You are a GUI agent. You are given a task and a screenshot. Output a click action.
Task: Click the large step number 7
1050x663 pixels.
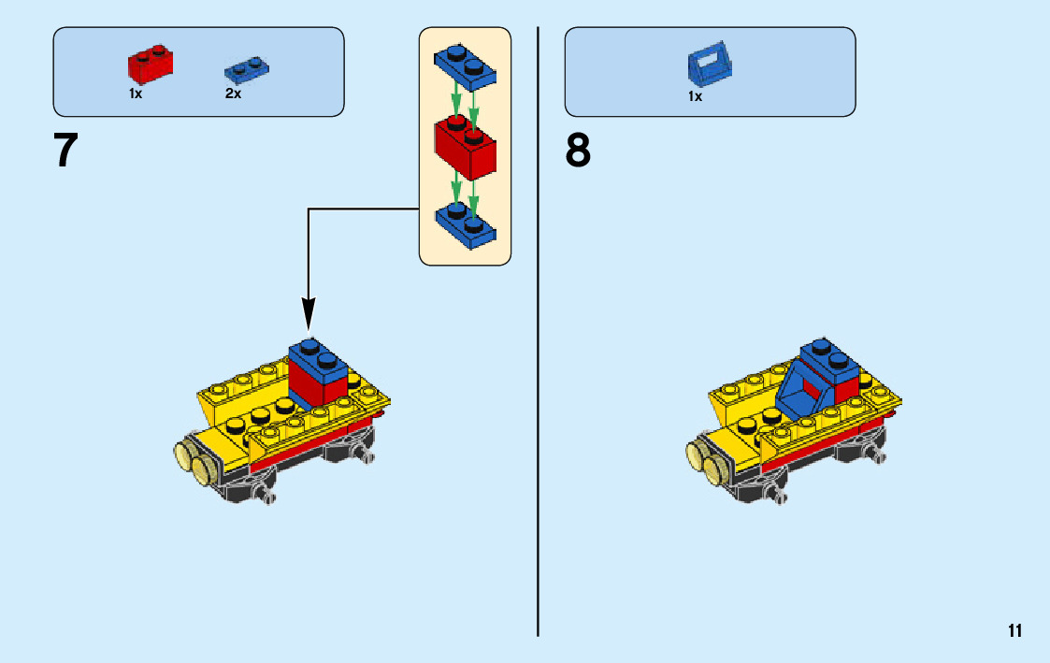point(65,151)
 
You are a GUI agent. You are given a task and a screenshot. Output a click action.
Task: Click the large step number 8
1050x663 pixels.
point(578,151)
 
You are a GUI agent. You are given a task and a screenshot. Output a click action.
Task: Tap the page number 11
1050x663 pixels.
point(1014,631)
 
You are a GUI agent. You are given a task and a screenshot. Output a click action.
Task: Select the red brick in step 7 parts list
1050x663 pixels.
point(150,65)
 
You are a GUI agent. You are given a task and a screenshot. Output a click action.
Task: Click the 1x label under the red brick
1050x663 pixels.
point(136,94)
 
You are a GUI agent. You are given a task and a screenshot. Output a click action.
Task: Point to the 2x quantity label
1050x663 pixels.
point(233,94)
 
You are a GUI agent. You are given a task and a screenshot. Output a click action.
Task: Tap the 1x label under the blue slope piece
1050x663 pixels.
point(695,95)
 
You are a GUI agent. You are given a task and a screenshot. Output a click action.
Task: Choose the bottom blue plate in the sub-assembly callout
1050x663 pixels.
point(465,223)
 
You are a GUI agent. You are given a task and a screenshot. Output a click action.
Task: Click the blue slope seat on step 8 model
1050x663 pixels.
point(800,393)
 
